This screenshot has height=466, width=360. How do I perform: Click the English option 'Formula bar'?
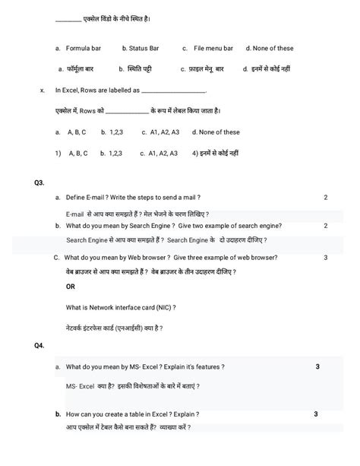(83, 49)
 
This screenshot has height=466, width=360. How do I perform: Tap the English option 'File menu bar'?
(213, 49)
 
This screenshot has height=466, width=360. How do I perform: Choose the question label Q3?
(39, 183)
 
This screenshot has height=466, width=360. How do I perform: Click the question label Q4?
(39, 345)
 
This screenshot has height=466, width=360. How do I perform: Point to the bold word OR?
(71, 287)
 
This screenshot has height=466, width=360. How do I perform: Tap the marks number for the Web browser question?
(325, 257)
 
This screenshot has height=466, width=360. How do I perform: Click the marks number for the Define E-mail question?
(325, 198)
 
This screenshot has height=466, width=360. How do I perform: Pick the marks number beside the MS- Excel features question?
(317, 367)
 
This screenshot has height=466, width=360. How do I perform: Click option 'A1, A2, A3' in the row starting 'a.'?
(165, 132)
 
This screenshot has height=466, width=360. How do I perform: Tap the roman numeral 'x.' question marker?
(43, 90)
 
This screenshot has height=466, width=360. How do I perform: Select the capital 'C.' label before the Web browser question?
(57, 257)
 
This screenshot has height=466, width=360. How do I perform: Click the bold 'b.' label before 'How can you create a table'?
(58, 414)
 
